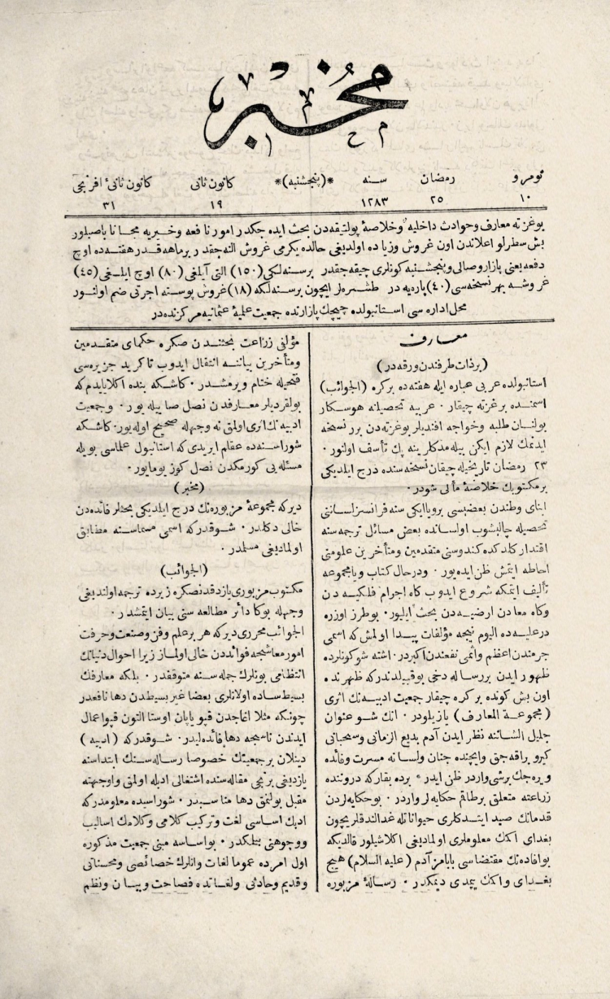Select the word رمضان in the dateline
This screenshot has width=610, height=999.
(x=433, y=174)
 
